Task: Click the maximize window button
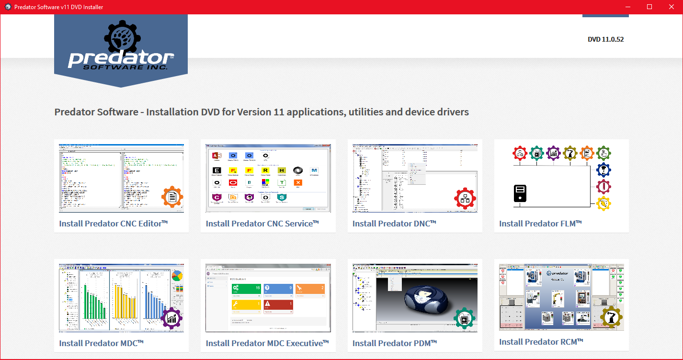pos(649,7)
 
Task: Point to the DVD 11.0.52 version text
pos(605,39)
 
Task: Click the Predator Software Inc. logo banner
pos(121,50)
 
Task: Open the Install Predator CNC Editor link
pos(114,224)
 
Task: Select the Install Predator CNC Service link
pos(262,224)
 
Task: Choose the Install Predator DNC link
pos(394,224)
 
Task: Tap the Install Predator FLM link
pos(540,224)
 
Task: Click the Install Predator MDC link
pos(102,343)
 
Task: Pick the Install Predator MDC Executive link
pos(267,343)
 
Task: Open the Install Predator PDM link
pos(395,343)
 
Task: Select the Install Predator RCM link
pos(541,342)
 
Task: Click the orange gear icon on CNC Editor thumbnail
pos(173,197)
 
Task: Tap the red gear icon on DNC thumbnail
pos(465,198)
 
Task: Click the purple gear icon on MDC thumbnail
pos(172,318)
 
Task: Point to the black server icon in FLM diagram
pos(520,193)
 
